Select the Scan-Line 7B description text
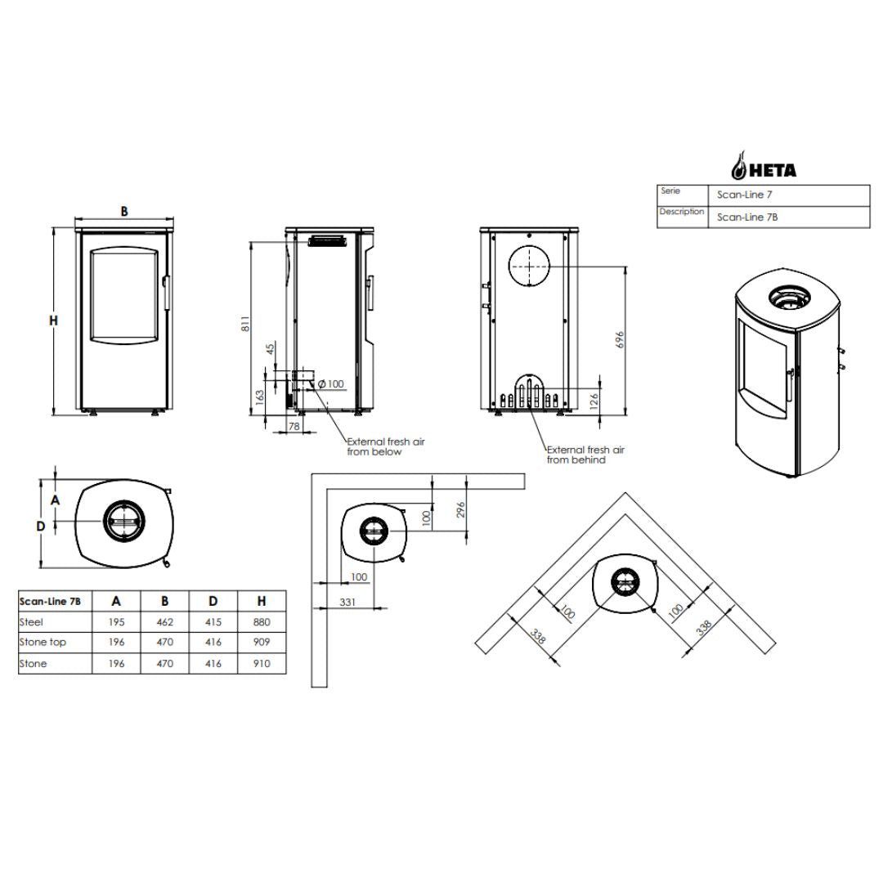coord(746,217)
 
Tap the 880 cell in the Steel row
coord(262,622)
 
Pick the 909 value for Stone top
coord(262,642)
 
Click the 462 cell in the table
coord(164,622)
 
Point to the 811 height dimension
coord(245,324)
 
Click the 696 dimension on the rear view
coord(620,339)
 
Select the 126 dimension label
coord(594,401)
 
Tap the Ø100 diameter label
coord(330,384)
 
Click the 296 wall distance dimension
coord(460,510)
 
